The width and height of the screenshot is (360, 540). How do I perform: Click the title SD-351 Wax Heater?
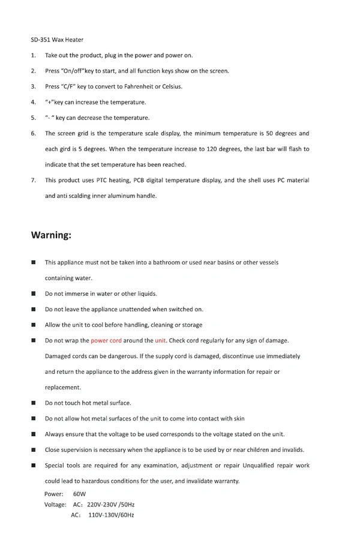57,40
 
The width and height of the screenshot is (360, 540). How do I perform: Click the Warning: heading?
51,235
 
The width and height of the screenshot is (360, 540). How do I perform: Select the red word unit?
160,341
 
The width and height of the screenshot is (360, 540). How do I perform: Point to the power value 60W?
79,494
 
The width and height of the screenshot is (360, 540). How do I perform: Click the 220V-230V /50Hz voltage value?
108,505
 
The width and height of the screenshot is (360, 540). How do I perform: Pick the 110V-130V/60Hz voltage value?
111,515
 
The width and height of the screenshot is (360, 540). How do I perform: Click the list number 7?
34,180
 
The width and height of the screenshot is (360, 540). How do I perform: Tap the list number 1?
34,55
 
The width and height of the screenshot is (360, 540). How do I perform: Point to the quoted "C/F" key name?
67,86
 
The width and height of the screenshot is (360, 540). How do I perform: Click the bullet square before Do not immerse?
34,294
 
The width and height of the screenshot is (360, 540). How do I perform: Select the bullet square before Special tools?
34,466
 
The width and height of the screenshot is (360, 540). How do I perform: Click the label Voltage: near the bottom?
55,505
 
